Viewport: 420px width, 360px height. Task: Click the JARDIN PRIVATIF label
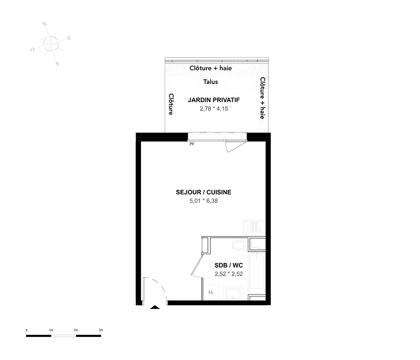[214, 100]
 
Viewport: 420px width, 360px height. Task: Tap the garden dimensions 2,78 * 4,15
[214, 109]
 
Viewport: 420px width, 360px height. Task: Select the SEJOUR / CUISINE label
[204, 192]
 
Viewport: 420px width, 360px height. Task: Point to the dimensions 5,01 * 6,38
[204, 201]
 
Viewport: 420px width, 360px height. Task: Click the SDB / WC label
[229, 265]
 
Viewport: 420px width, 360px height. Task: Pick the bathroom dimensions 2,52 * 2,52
[229, 274]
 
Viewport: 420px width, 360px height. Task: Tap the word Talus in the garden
[210, 82]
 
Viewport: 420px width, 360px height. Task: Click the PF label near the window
[192, 144]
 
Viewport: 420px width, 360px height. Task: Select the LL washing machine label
[211, 292]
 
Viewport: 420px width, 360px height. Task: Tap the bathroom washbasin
[233, 294]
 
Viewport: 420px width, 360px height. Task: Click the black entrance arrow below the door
[155, 307]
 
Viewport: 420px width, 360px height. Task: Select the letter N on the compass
[45, 24]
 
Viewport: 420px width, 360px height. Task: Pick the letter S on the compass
[57, 63]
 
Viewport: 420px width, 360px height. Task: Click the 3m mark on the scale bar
[101, 330]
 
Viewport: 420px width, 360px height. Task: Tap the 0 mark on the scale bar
[26, 330]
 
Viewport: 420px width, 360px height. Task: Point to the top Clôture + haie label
[210, 68]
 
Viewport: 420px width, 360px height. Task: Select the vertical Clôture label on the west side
[171, 104]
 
